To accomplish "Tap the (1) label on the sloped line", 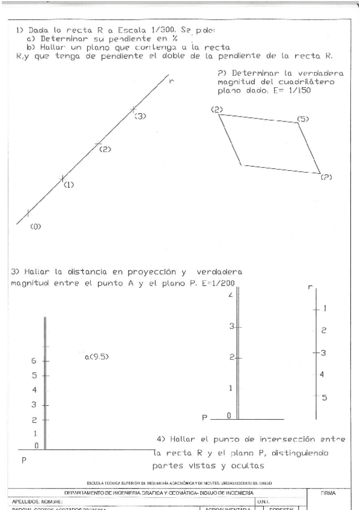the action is point(69,185).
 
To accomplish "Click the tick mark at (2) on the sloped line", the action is point(98,144).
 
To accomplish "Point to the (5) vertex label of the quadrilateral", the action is point(303,119).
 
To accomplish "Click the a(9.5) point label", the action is point(97,357).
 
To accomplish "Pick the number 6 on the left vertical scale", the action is point(34,361).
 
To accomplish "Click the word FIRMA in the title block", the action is point(328,493).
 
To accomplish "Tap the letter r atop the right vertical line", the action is point(310,287).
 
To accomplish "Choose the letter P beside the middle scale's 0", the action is point(206,417).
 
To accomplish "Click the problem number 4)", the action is point(161,438).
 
